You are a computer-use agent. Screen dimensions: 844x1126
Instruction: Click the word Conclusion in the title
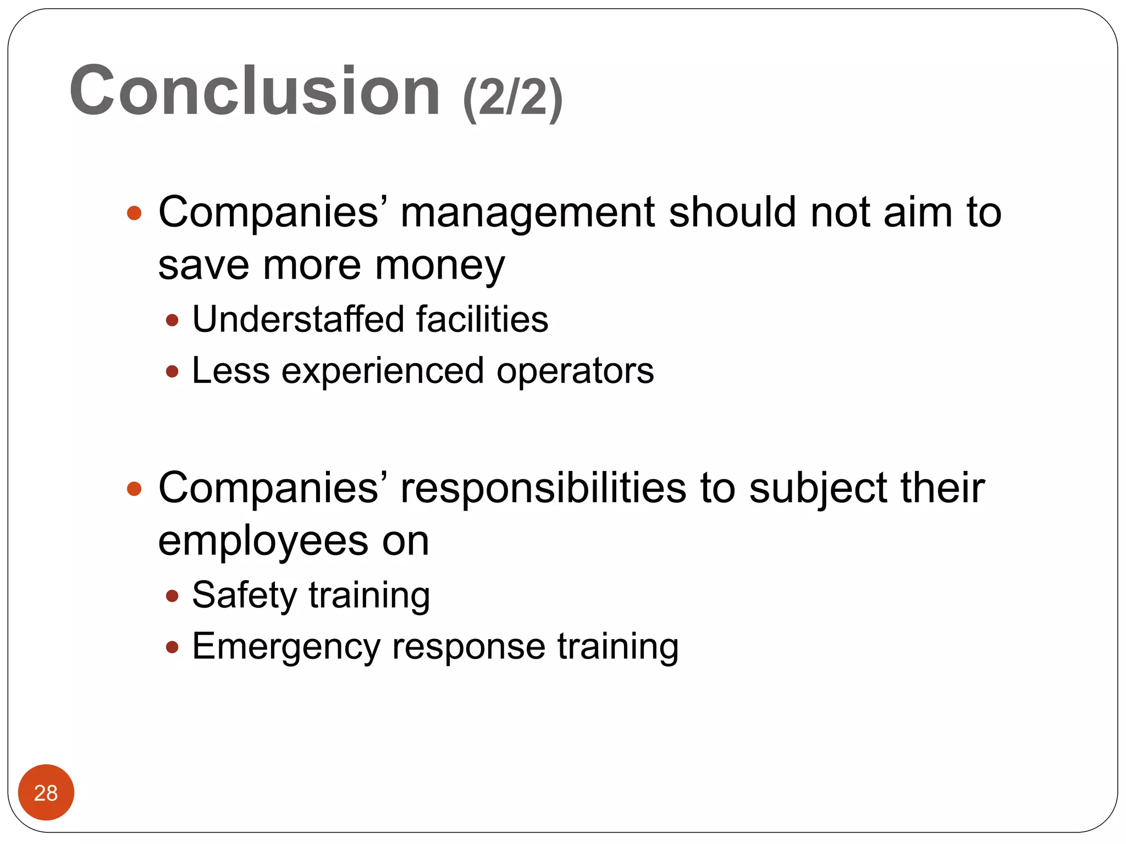pos(255,91)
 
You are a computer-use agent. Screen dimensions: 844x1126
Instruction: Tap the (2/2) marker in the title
pos(512,98)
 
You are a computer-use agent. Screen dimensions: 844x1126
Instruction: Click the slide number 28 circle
pos(46,792)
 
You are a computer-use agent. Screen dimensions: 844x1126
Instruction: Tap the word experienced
pos(383,371)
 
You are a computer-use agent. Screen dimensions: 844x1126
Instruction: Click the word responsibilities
pos(543,488)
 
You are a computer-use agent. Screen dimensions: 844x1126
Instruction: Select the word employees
pos(263,542)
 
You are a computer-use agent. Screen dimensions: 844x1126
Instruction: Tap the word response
pos(468,647)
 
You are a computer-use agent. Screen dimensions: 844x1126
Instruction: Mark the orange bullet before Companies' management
pos(134,213)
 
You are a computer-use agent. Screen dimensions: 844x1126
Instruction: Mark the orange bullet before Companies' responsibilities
pos(134,488)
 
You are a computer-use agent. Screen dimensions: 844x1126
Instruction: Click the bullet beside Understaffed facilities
pos(172,320)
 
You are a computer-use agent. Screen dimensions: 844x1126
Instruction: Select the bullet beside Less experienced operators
pos(172,372)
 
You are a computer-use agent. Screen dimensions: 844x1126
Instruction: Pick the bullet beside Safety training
pos(172,596)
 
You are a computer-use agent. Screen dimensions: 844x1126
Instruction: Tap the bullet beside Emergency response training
pos(172,647)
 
